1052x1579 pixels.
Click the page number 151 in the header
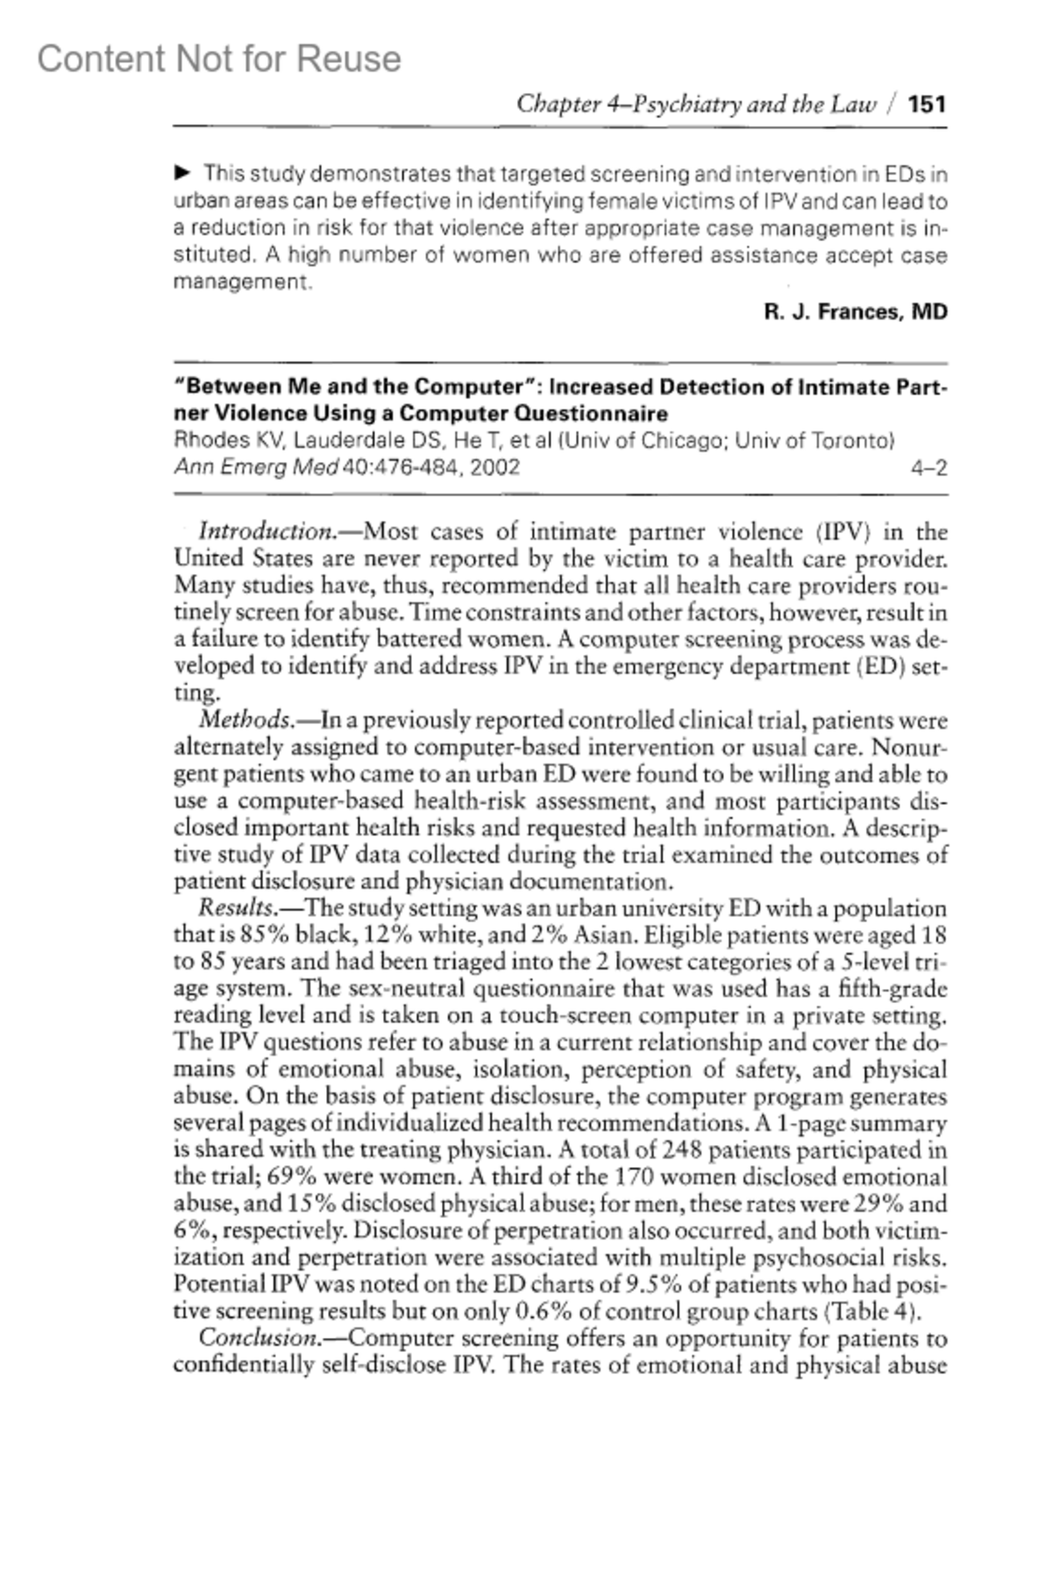(x=928, y=105)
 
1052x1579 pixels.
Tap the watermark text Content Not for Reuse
(x=219, y=60)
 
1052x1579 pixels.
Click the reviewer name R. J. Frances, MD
(x=856, y=312)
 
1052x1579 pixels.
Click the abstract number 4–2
(x=929, y=468)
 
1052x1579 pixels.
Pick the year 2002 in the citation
(x=494, y=467)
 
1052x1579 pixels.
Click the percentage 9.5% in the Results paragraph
(x=652, y=1285)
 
